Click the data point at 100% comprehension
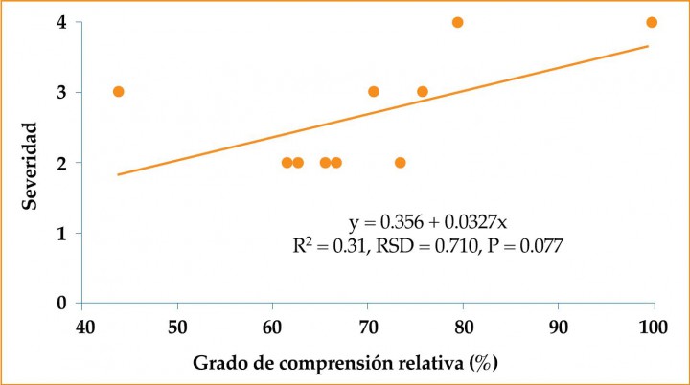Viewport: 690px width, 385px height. click(652, 22)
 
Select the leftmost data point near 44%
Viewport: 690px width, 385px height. click(119, 92)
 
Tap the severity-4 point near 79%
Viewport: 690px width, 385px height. click(457, 22)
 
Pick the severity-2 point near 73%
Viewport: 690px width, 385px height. click(401, 163)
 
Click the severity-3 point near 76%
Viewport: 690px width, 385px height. click(423, 92)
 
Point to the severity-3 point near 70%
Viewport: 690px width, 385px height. click(374, 92)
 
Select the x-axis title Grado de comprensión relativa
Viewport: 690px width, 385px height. click(345, 364)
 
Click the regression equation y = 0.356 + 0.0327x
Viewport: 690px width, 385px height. click(428, 223)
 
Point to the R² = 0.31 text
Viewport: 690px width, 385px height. click(326, 246)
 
